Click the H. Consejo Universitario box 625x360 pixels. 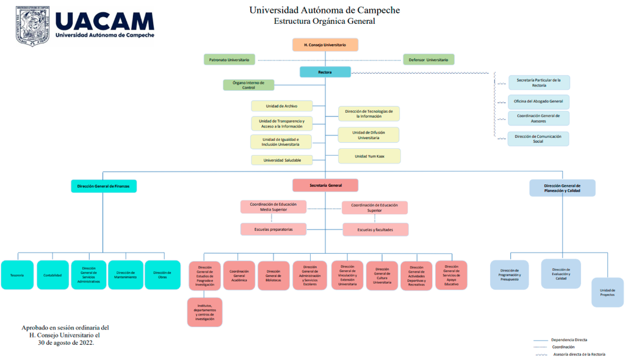click(x=325, y=45)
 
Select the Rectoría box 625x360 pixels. click(x=325, y=72)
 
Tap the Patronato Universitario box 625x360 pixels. click(x=229, y=60)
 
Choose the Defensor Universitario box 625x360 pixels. click(x=428, y=60)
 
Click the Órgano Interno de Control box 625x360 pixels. click(x=248, y=85)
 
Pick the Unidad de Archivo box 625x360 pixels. click(x=281, y=106)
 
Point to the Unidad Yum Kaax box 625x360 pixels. click(x=369, y=156)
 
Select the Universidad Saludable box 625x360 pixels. click(x=281, y=160)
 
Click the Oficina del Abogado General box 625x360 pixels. click(x=538, y=101)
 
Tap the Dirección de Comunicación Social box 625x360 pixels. click(x=538, y=139)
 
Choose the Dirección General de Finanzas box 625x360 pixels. click(x=103, y=185)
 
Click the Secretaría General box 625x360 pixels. click(x=325, y=185)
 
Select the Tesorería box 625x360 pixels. click(x=17, y=275)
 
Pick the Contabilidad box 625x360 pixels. click(x=52, y=275)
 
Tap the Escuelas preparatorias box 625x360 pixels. click(x=273, y=229)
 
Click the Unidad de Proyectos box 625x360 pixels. click(x=607, y=292)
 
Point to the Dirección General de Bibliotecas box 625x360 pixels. click(x=273, y=275)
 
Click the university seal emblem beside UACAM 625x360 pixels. click(x=32, y=27)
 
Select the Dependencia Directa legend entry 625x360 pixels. click(x=569, y=340)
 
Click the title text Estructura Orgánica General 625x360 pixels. click(x=324, y=21)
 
